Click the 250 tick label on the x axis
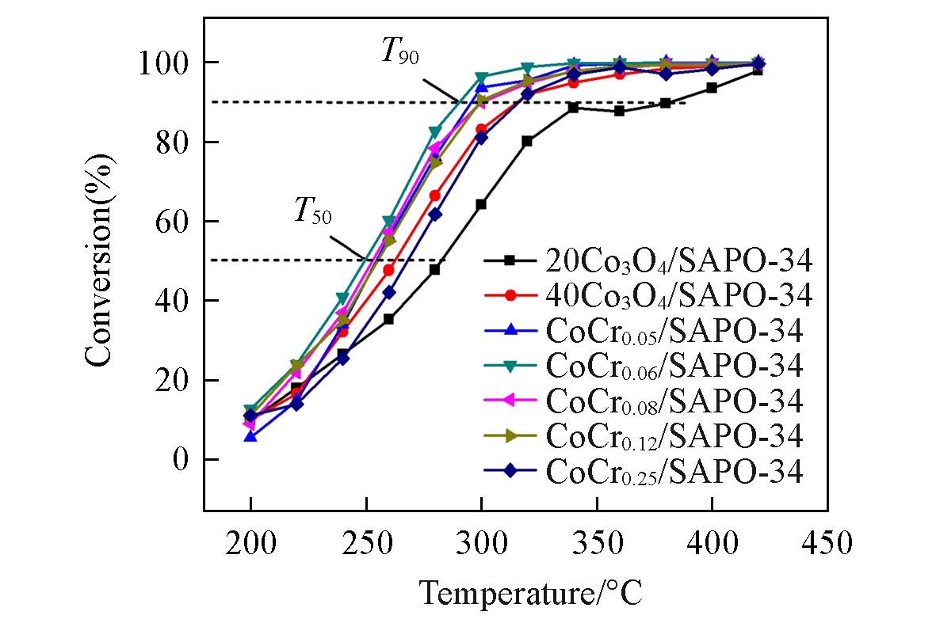(x=366, y=545)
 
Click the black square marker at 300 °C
(x=481, y=204)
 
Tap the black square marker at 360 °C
(x=619, y=111)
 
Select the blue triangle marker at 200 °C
(x=250, y=436)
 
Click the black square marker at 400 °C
(x=712, y=88)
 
